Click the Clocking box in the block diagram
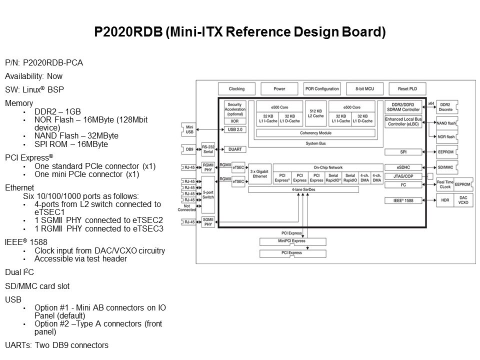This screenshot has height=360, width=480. pyautogui.click(x=236, y=89)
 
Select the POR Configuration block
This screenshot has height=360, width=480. pyautogui.click(x=322, y=89)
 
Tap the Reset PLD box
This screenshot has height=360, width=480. pyautogui.click(x=406, y=89)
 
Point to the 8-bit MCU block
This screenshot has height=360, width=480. pyautogui.click(x=364, y=89)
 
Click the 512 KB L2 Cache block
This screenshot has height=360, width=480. pyautogui.click(x=315, y=113)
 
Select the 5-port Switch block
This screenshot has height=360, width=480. pyautogui.click(x=207, y=194)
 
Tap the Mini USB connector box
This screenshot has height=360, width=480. pyautogui.click(x=189, y=129)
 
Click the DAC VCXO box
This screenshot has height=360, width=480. pyautogui.click(x=463, y=200)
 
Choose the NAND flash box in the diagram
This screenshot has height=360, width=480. pyautogui.click(x=445, y=123)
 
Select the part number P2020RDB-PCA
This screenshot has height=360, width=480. pyautogui.click(x=53, y=63)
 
